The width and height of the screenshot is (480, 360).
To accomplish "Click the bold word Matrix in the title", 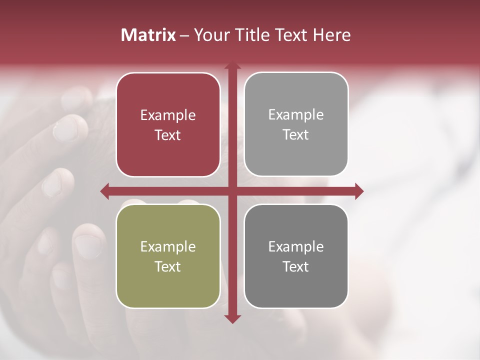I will pyautogui.click(x=148, y=35).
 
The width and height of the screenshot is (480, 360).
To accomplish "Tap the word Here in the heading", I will pyautogui.click(x=331, y=35).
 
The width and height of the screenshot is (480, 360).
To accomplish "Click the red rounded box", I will pyautogui.click(x=168, y=124).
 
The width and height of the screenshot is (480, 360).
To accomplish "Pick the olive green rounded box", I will pyautogui.click(x=168, y=256).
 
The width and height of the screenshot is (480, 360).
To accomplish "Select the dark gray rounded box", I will pyautogui.click(x=296, y=256).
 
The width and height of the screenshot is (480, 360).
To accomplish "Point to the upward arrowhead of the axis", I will pyautogui.click(x=232, y=65).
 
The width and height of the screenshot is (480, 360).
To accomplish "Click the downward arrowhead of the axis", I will pyautogui.click(x=232, y=319).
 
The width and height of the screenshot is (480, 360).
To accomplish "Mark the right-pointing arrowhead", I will pyautogui.click(x=359, y=191).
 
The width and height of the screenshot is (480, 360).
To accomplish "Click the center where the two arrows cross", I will pyautogui.click(x=232, y=191).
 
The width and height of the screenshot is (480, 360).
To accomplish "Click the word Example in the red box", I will pyautogui.click(x=168, y=115).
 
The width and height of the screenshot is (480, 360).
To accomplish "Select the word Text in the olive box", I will pyautogui.click(x=168, y=266).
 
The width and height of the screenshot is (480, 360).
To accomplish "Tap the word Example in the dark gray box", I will pyautogui.click(x=296, y=246).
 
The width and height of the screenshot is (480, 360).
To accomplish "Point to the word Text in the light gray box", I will pyautogui.click(x=296, y=134).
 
